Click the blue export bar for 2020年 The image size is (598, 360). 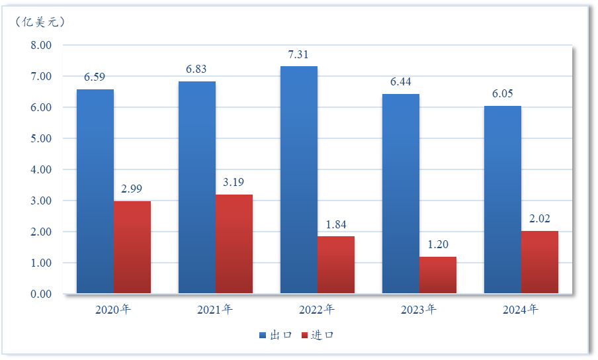[x=95, y=191]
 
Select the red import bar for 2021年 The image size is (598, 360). [x=234, y=244]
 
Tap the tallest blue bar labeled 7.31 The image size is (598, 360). [x=299, y=179]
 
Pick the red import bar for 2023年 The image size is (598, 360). [x=438, y=275]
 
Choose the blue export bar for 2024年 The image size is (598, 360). [x=503, y=199]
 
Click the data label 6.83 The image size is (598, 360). [x=197, y=69]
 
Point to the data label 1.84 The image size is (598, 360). [x=336, y=224]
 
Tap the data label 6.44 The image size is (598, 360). [x=401, y=81]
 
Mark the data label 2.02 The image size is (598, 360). [x=540, y=218]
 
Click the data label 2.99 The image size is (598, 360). [x=132, y=189]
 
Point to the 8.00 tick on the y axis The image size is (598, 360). [x=41, y=46]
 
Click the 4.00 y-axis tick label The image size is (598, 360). [x=41, y=169]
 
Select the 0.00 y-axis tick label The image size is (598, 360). [x=41, y=294]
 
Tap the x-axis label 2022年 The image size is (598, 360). [x=317, y=309]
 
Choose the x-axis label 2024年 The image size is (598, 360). [x=521, y=309]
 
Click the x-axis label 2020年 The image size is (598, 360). [x=113, y=309]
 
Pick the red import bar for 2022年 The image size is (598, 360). [x=336, y=265]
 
